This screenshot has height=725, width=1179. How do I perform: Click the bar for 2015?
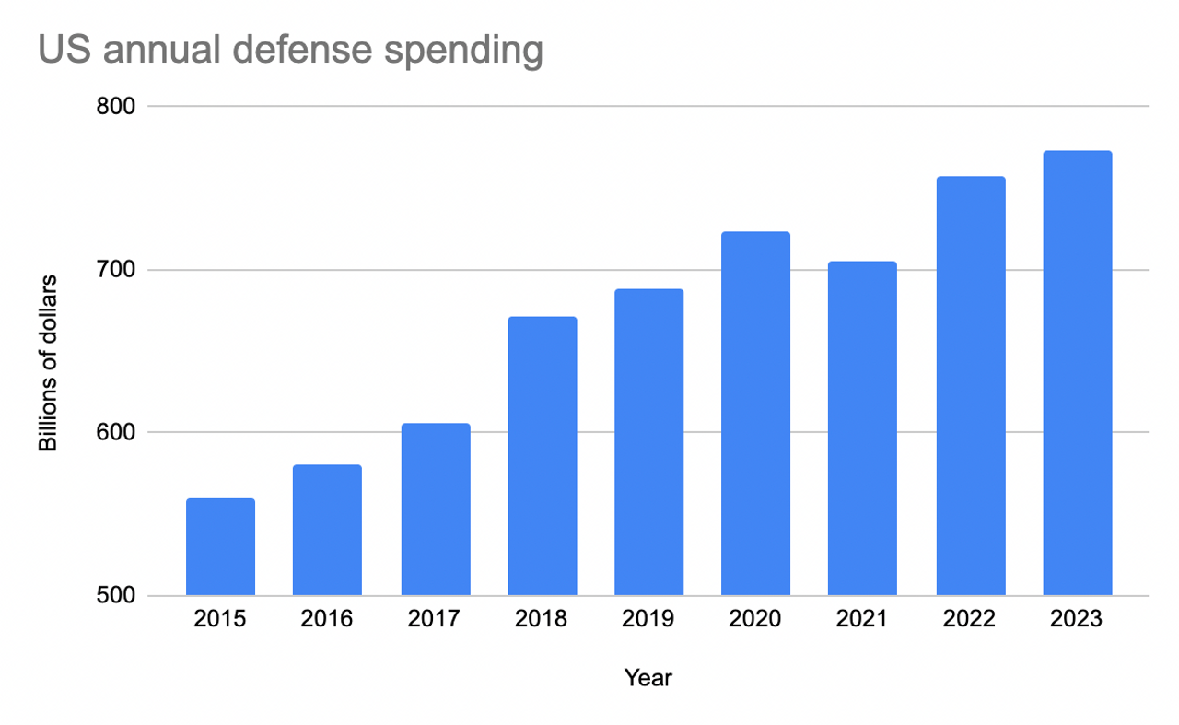[220, 547]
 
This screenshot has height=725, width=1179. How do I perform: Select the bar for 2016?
[327, 531]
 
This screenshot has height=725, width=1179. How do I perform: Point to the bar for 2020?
[755, 414]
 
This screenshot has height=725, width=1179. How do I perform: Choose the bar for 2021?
[862, 428]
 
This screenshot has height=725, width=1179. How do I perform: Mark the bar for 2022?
[971, 386]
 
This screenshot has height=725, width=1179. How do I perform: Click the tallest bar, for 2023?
[1077, 373]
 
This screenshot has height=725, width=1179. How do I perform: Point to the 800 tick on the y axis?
[116, 107]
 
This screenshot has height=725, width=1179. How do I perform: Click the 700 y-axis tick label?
[116, 270]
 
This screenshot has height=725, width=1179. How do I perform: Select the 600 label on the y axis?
[116, 433]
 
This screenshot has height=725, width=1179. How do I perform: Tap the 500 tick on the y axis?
[116, 596]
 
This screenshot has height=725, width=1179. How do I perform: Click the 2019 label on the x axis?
[648, 619]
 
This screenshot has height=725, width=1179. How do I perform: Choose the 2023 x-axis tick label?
[1077, 619]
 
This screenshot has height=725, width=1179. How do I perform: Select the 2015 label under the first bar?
[220, 619]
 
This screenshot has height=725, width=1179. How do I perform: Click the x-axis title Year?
[648, 679]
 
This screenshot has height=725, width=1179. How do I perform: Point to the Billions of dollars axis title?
[48, 363]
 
